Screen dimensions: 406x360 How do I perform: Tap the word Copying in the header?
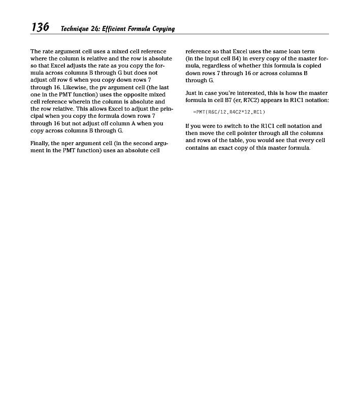coord(162,29)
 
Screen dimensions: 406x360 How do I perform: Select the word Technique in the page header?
coord(72,28)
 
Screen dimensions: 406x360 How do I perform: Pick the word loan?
coord(293,52)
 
